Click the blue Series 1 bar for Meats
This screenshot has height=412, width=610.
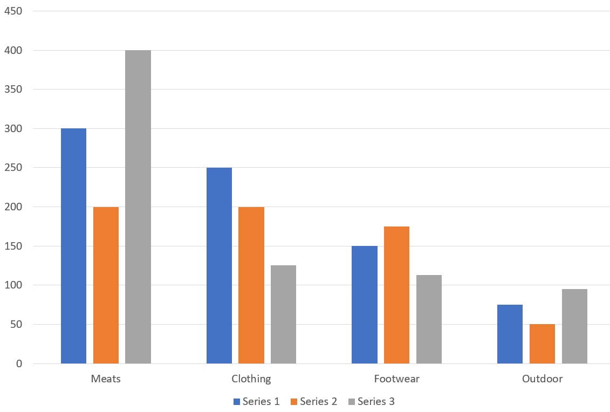click(x=73, y=246)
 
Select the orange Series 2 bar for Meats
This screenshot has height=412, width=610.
click(x=106, y=285)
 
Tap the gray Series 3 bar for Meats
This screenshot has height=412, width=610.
click(x=138, y=207)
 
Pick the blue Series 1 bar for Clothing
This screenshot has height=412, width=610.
click(x=219, y=265)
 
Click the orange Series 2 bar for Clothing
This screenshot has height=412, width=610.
click(x=251, y=285)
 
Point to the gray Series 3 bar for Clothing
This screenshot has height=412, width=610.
click(x=283, y=314)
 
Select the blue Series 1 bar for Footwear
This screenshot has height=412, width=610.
click(x=365, y=305)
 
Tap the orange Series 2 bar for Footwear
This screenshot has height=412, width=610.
click(x=396, y=295)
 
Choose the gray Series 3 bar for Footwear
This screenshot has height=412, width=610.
click(x=429, y=319)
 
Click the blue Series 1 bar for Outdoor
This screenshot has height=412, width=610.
click(x=510, y=334)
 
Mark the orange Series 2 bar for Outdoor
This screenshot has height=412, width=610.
click(x=542, y=344)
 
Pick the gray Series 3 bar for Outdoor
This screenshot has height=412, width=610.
click(x=574, y=326)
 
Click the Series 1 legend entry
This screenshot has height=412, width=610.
click(x=257, y=401)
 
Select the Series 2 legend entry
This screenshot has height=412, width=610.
click(x=314, y=401)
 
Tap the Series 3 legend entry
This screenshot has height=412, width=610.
click(x=372, y=401)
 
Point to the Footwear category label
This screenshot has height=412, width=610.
click(x=396, y=379)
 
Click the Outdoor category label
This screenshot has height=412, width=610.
click(x=542, y=379)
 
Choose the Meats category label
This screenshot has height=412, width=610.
click(x=106, y=379)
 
